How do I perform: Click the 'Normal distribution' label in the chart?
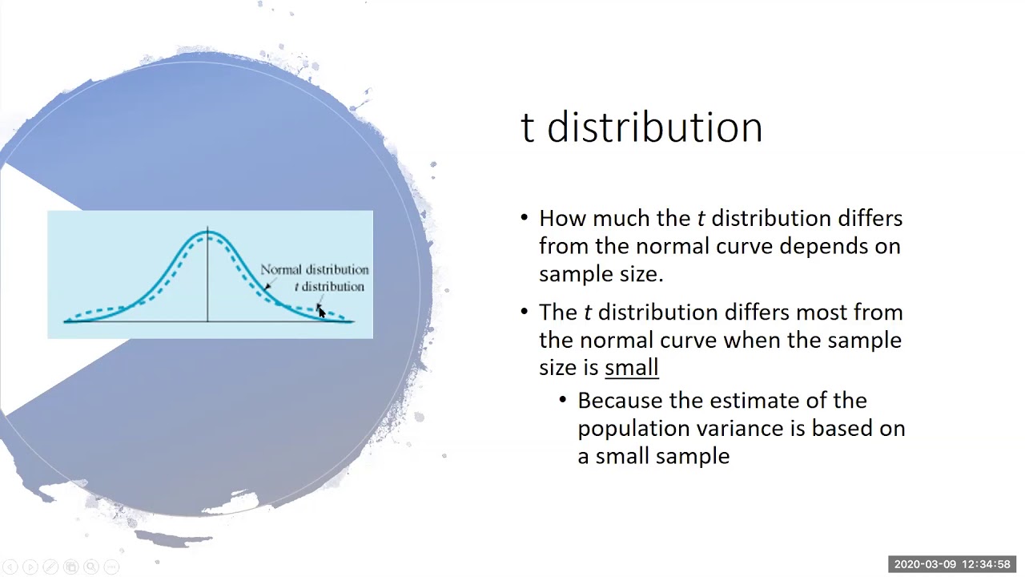point(314,270)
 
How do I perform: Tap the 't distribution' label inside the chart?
point(329,287)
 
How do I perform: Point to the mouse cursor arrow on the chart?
point(320,312)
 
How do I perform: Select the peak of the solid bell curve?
point(208,232)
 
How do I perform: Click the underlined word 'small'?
point(631,368)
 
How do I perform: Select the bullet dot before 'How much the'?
point(525,218)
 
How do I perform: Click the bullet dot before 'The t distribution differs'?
point(525,312)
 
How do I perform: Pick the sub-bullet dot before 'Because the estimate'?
point(563,400)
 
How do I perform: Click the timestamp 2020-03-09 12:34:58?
point(951,565)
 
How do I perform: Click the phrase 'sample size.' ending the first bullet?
point(601,274)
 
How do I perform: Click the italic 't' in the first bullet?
point(701,218)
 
